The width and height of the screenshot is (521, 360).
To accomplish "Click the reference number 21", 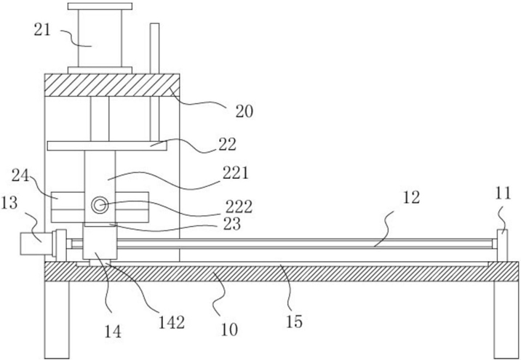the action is click(42, 30).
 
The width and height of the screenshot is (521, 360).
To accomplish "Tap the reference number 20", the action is click(244, 111).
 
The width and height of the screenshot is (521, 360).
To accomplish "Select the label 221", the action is click(235, 173).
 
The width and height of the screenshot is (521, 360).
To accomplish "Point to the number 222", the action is click(239, 207).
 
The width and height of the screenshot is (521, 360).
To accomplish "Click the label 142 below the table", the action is click(172, 322).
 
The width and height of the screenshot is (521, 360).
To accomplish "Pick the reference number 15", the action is click(294, 321).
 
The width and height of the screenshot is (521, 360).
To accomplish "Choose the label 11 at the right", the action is click(503, 193).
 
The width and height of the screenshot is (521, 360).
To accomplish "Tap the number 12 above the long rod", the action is click(411, 197).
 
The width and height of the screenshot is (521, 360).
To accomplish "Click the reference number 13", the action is click(9, 202).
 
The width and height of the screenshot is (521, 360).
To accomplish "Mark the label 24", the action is click(20, 175).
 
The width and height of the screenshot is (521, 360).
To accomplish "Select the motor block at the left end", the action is click(36, 244).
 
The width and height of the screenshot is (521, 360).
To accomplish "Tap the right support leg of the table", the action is click(506, 320).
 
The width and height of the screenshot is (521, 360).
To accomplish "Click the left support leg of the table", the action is click(57, 320).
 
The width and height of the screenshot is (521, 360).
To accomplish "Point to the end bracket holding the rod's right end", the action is click(502, 245).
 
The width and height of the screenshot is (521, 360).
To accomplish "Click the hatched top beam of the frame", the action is click(112, 85).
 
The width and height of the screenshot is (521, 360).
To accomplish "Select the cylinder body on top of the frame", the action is click(100, 39).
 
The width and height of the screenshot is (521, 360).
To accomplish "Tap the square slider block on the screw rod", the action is click(100, 242).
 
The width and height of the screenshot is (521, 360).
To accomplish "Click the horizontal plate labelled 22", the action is click(107, 145).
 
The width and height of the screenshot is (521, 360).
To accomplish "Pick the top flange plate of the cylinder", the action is click(100, 7).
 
